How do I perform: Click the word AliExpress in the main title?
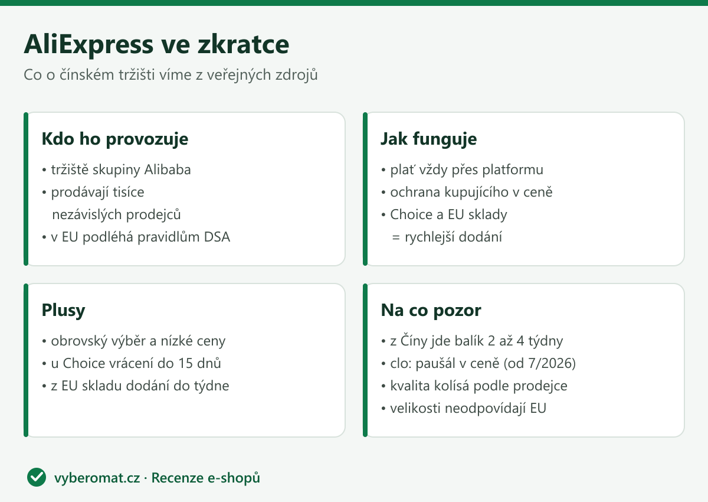click(x=89, y=45)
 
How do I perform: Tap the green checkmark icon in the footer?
click(x=37, y=477)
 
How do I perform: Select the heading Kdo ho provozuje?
click(x=115, y=139)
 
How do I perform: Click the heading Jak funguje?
click(x=428, y=139)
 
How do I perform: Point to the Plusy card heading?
click(x=64, y=310)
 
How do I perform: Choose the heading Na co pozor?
click(x=431, y=310)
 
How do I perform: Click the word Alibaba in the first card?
click(x=168, y=169)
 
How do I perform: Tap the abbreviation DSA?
click(x=217, y=237)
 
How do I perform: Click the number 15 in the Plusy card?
click(x=185, y=363)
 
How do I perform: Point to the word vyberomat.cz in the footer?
click(x=97, y=478)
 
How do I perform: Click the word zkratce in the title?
click(x=243, y=45)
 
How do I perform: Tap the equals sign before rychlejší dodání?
click(x=396, y=237)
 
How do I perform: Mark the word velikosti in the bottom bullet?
click(x=415, y=408)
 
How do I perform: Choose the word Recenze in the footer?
click(x=177, y=478)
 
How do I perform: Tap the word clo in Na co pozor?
click(x=399, y=363)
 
